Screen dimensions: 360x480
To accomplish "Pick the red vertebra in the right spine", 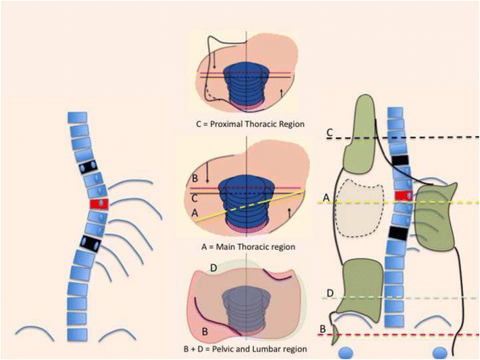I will click(x=400, y=197).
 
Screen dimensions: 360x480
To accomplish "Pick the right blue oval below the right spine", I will click(x=439, y=352).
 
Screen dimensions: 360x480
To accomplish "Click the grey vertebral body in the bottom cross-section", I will click(x=246, y=306).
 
